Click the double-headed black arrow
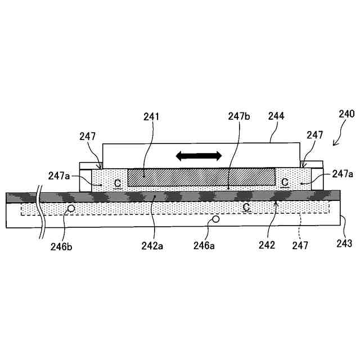pos(199,156)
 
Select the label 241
pos(151,117)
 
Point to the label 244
pos(276,117)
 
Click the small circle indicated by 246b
pos(71,209)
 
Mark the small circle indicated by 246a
pos(214,220)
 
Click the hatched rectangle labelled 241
pos(201,177)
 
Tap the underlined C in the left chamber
pos(117,183)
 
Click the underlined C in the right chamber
pos(285,182)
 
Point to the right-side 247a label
pos(343,174)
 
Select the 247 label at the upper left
pos(87,136)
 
